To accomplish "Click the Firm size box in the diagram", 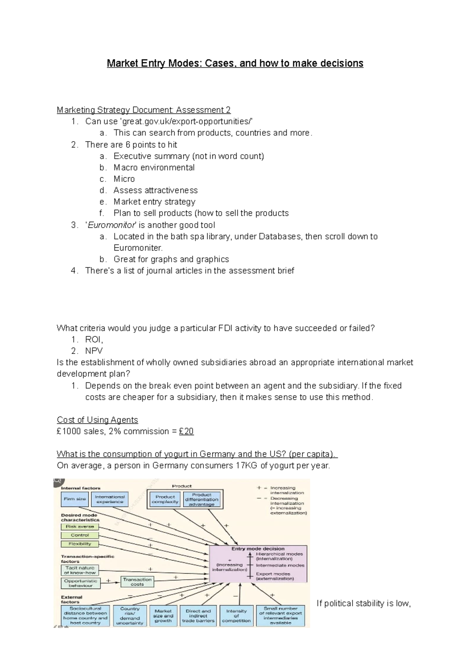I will click(74, 499).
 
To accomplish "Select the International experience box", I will click(110, 499).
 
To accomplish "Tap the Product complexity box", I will click(165, 499).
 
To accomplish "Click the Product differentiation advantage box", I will click(202, 500).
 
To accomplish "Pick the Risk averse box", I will click(80, 527).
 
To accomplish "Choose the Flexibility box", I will click(80, 544).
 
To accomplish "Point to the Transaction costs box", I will click(137, 582).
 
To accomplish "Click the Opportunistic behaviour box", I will click(81, 583).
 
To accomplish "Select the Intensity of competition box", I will click(236, 616).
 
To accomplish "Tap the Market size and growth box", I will click(163, 616).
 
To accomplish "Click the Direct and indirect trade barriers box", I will click(198, 616).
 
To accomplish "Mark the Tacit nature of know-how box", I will click(80, 570).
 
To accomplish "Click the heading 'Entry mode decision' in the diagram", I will click(258, 549).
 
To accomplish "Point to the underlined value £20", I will click(186, 431).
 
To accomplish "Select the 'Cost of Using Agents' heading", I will click(97, 420).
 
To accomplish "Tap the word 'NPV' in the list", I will click(94, 351).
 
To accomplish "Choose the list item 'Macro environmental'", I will click(154, 167).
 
